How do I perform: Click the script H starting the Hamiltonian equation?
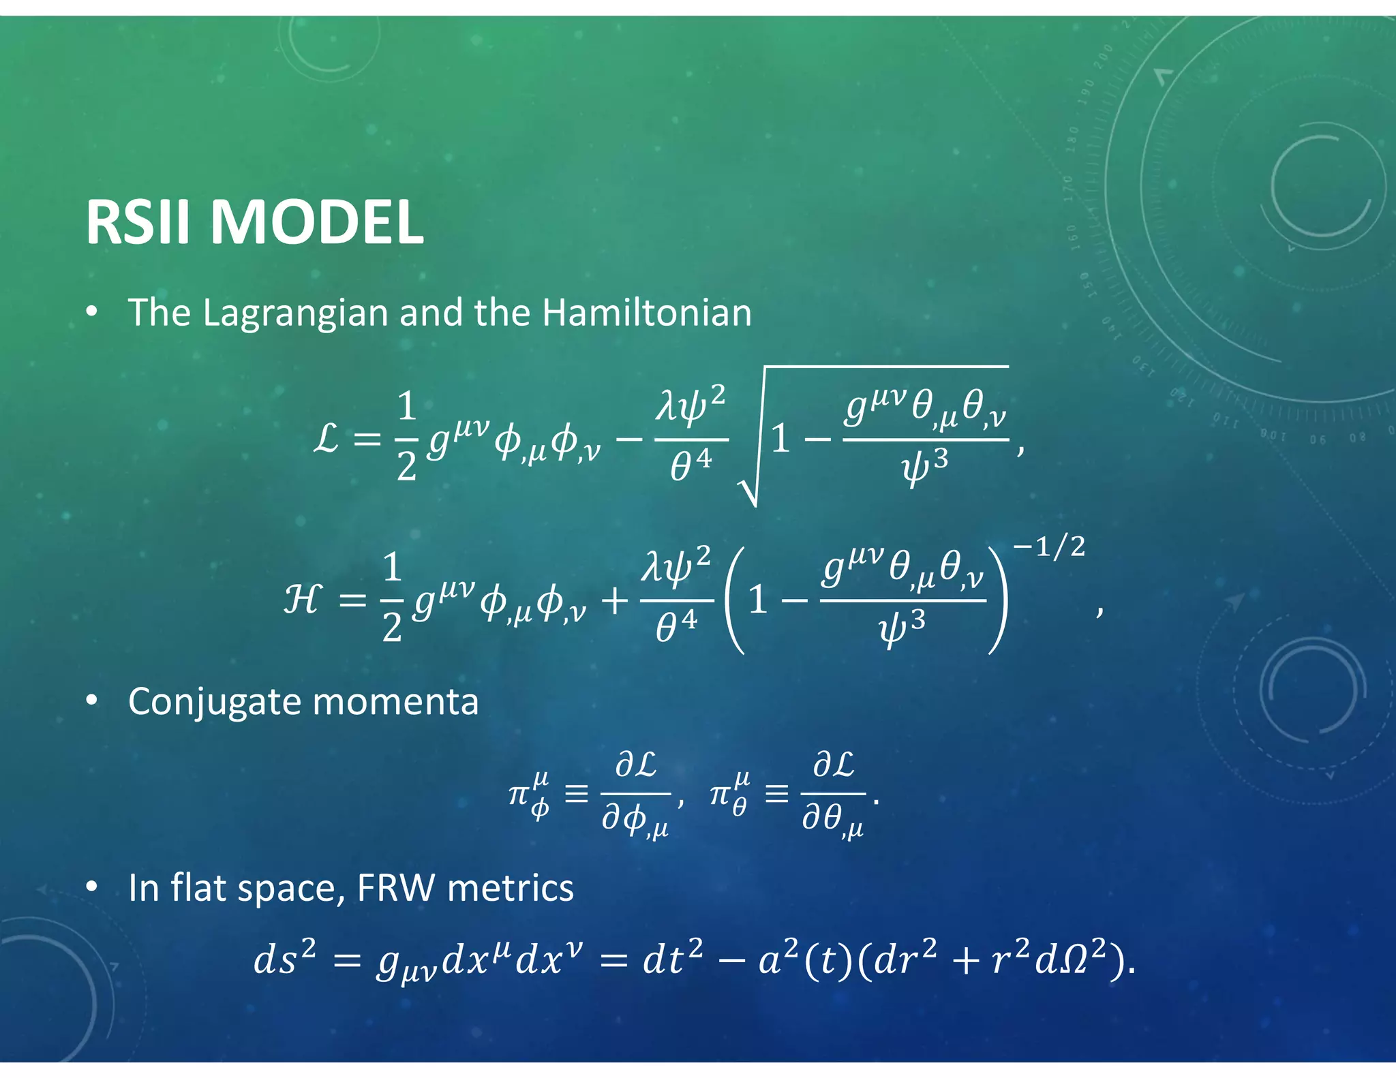[x=301, y=600]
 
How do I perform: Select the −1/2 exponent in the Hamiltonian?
[x=1048, y=547]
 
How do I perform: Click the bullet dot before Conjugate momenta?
[x=91, y=701]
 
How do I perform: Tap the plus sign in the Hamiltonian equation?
[x=615, y=601]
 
